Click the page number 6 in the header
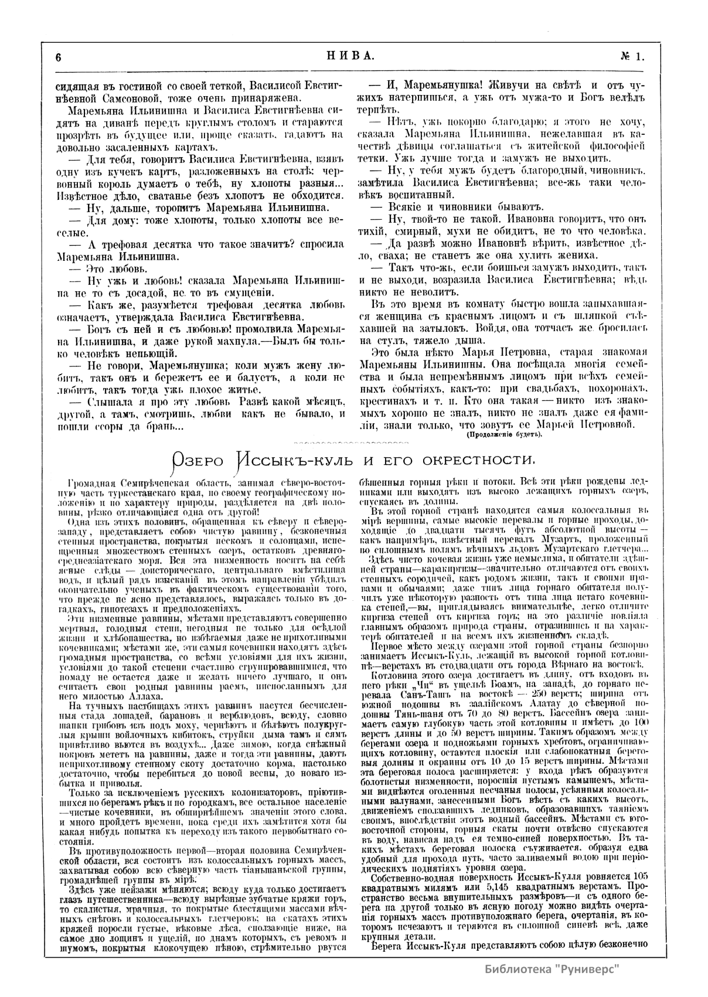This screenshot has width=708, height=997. tap(59, 57)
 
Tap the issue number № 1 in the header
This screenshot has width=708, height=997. tap(632, 56)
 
